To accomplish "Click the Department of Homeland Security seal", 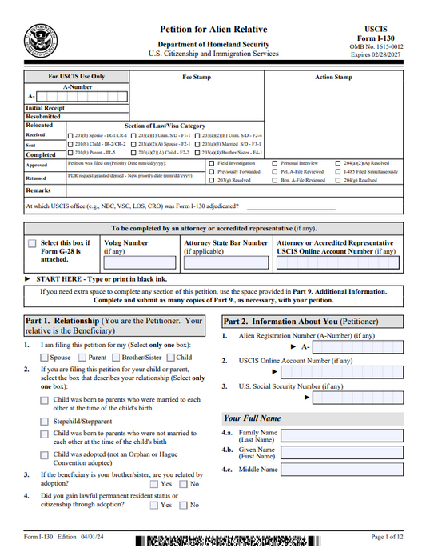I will [x=40, y=38].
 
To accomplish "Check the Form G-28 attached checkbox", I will [x=32, y=243].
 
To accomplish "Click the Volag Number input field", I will [x=139, y=262].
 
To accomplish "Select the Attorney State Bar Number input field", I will [x=225, y=262].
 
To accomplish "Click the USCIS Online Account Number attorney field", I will [x=336, y=262].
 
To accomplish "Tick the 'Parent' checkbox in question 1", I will [x=82, y=358].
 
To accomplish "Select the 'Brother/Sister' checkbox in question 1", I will [x=116, y=358].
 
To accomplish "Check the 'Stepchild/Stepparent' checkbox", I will [x=44, y=421].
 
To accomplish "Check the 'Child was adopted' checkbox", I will [x=44, y=455].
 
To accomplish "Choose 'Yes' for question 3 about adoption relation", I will [x=153, y=484].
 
